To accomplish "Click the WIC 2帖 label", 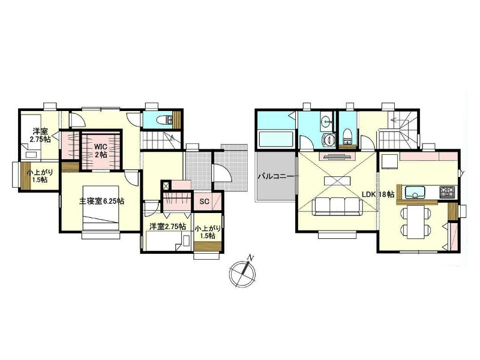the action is click(x=101, y=151).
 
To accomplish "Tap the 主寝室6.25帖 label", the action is click(x=101, y=202).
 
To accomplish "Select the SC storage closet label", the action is click(x=204, y=202).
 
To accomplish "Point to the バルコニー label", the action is click(x=276, y=176).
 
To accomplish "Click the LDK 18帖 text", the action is click(x=378, y=194).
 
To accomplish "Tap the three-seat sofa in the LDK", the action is click(x=337, y=206).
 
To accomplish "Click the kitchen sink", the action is click(x=415, y=193).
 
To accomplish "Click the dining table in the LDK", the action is click(x=415, y=221).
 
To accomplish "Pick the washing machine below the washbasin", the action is click(x=329, y=140).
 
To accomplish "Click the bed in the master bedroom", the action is click(x=100, y=208).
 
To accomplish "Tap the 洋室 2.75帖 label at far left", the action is click(x=40, y=136).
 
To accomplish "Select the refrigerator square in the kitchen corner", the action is click(x=388, y=161).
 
